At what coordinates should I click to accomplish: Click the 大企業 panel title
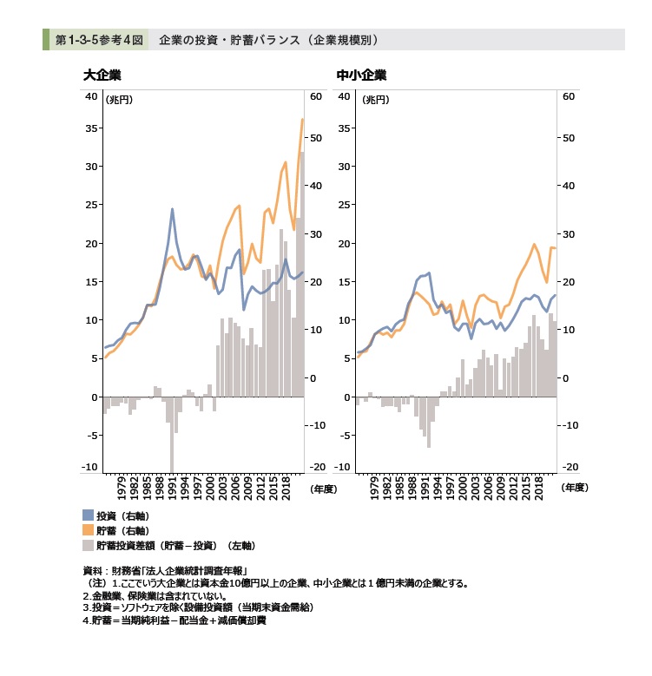point(102,75)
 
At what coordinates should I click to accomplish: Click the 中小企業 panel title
point(361,75)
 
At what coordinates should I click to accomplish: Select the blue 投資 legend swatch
point(88,515)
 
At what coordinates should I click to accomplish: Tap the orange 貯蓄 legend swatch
point(88,530)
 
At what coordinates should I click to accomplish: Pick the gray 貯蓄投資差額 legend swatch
point(88,546)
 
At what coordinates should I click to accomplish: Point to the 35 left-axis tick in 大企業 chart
point(90,128)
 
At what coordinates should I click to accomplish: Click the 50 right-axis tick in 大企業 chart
point(316,138)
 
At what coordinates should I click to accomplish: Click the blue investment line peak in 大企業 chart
point(172,209)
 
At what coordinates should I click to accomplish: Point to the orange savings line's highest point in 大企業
point(302,120)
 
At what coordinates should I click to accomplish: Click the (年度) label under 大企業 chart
point(323,489)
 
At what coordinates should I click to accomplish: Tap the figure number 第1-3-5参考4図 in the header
point(99,40)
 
